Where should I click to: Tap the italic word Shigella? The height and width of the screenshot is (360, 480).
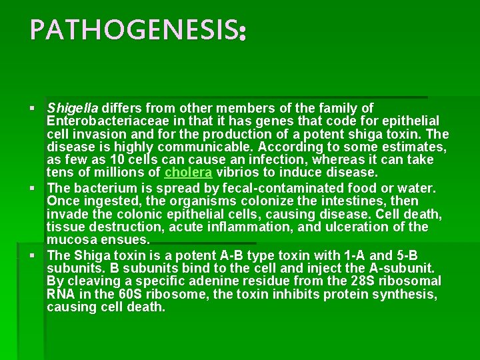(73, 107)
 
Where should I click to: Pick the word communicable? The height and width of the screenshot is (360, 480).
(199, 147)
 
